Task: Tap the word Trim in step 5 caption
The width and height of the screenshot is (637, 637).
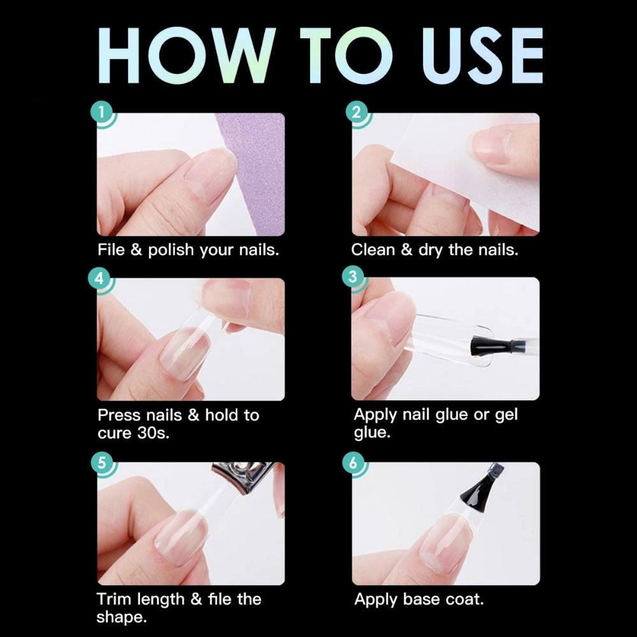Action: click(115, 599)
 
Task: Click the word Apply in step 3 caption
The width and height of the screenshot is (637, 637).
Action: click(375, 415)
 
